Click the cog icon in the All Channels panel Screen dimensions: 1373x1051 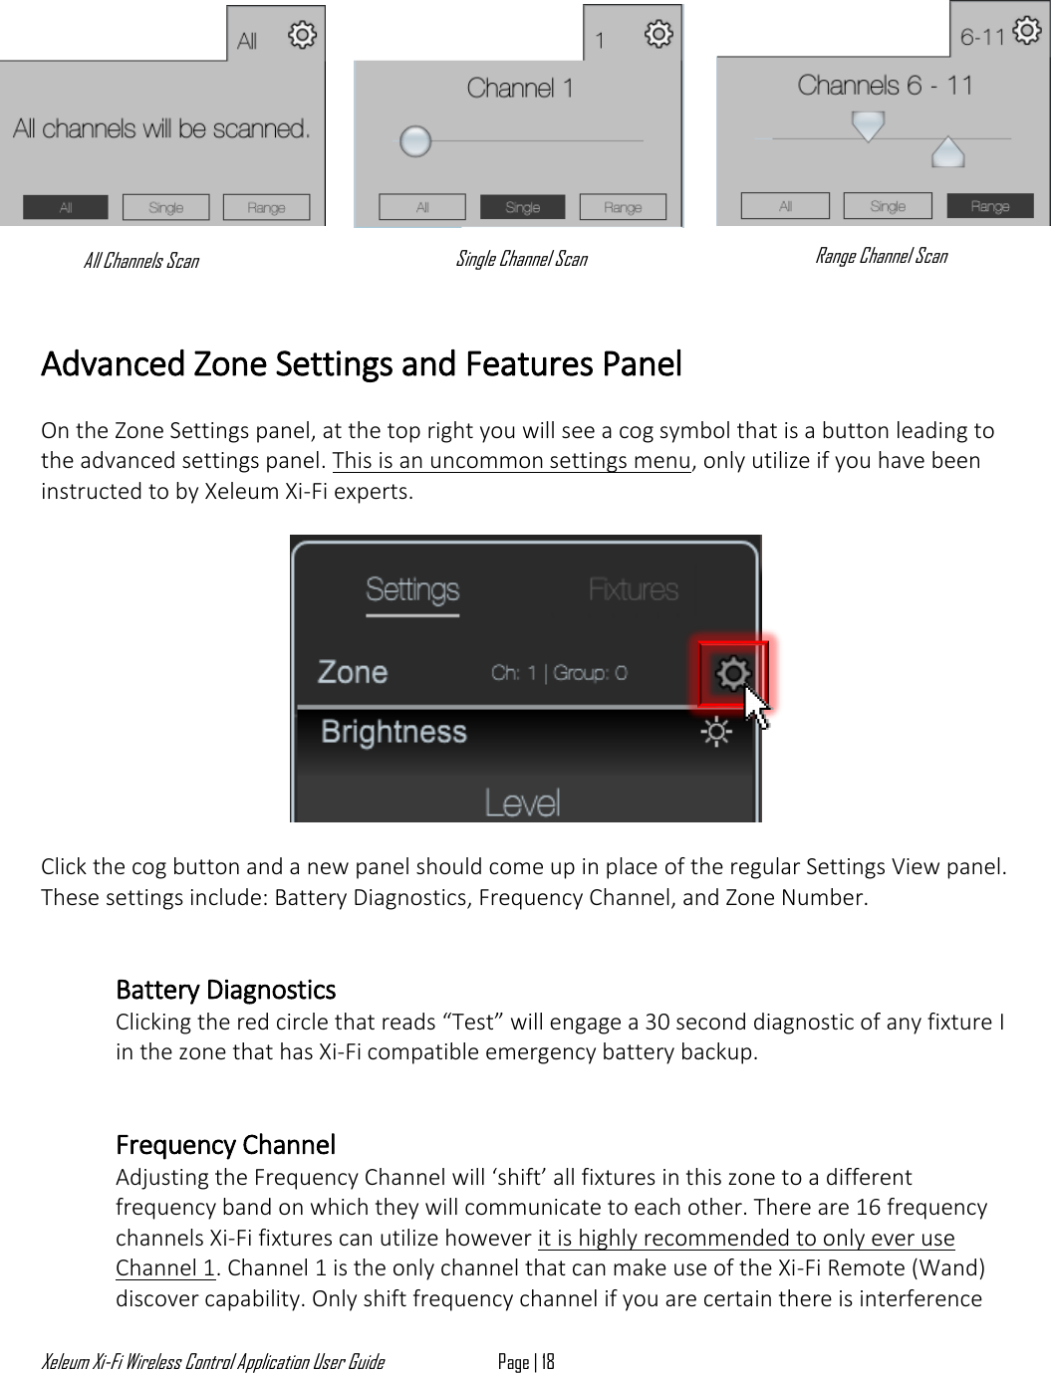click(x=301, y=36)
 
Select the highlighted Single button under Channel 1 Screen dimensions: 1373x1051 click(x=522, y=207)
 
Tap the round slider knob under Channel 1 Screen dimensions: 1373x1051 click(x=414, y=141)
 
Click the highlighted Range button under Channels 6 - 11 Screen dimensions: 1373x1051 click(x=989, y=206)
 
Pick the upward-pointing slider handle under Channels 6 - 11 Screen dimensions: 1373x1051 click(x=947, y=152)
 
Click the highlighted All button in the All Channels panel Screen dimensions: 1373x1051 click(x=66, y=207)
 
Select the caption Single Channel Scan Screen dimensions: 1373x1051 click(x=521, y=259)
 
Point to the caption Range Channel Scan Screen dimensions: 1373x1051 click(x=881, y=256)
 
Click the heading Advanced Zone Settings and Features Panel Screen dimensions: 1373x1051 click(x=361, y=363)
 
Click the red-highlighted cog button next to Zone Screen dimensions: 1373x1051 click(x=733, y=674)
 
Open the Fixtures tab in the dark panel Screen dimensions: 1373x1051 click(x=633, y=589)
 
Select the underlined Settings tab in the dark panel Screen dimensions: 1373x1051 click(x=411, y=589)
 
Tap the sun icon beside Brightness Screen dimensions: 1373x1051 click(x=715, y=734)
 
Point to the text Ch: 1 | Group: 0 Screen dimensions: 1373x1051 click(x=559, y=673)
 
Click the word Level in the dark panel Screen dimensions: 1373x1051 click(x=522, y=801)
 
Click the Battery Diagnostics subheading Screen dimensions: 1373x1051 click(x=225, y=990)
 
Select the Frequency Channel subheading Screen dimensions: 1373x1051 click(x=225, y=1144)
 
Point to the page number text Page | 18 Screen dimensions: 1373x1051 click(x=526, y=1361)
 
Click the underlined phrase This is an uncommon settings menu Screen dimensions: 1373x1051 click(x=511, y=461)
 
